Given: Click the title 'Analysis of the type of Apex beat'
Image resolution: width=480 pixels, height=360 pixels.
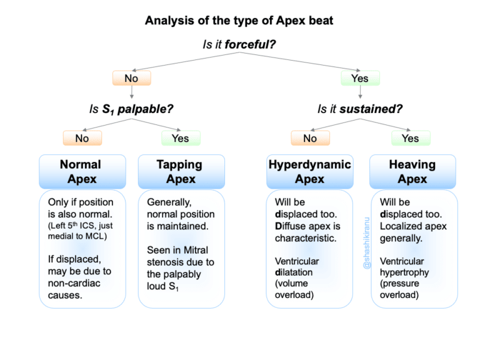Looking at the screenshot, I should (x=239, y=21).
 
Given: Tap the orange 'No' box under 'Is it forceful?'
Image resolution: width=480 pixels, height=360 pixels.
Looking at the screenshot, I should (x=131, y=78).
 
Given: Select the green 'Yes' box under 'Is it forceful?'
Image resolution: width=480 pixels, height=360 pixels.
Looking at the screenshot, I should (x=360, y=78).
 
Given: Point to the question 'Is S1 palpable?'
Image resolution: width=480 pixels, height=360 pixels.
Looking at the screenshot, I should (x=131, y=109).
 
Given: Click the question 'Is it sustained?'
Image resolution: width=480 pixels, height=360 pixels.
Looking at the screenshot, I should (x=359, y=109).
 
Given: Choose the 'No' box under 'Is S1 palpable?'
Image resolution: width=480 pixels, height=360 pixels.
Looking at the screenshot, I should (x=82, y=138).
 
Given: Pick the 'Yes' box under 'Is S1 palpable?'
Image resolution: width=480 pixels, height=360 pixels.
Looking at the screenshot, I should (x=180, y=138).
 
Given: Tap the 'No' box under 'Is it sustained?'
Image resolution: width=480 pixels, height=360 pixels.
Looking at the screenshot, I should (x=310, y=138).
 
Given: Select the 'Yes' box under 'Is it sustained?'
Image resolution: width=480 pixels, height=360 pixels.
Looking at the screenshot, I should (x=411, y=138).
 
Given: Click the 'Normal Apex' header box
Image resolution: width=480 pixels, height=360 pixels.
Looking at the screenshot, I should (x=80, y=172).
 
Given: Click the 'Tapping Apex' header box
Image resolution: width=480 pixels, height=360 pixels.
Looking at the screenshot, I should (x=180, y=172).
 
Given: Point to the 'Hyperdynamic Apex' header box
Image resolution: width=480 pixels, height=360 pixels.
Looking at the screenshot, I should (x=310, y=172).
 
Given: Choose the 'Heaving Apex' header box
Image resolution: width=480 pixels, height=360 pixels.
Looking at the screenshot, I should (x=412, y=172).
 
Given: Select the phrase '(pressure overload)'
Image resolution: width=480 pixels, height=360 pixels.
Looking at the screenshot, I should (x=401, y=289).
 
